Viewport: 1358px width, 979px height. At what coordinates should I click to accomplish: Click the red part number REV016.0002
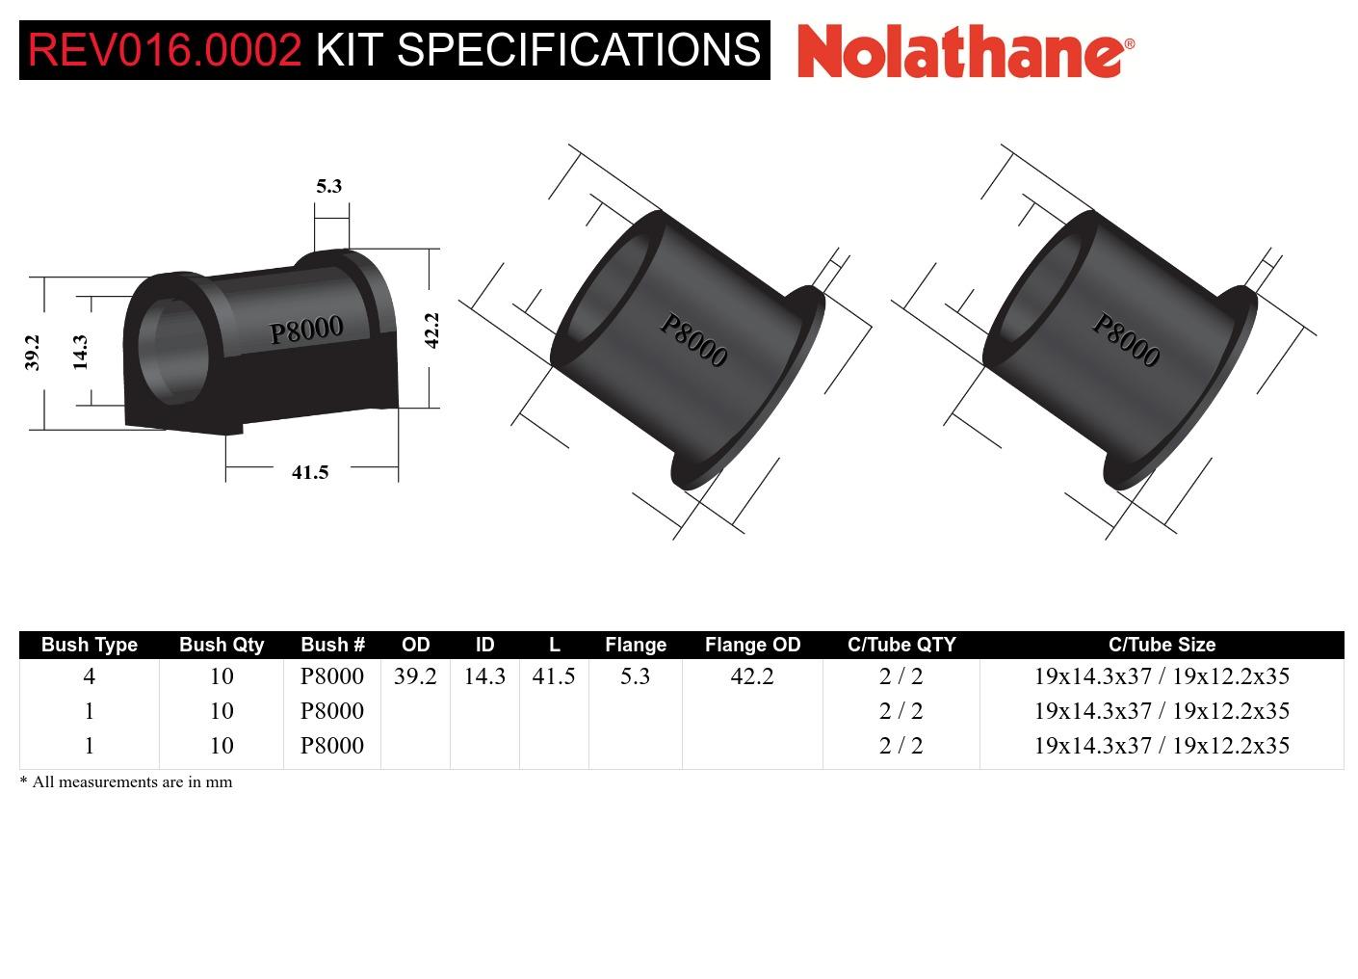tap(165, 50)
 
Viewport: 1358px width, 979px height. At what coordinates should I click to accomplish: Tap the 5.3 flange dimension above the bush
tap(329, 186)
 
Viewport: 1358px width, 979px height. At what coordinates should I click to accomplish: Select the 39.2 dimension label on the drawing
tap(33, 352)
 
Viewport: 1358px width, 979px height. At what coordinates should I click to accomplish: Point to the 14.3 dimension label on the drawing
tap(80, 352)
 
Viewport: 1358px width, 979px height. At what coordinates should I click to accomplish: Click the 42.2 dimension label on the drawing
tap(431, 331)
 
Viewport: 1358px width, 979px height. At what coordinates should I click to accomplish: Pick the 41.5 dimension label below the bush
tap(310, 472)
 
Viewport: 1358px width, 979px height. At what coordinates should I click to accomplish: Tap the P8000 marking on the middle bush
tap(692, 340)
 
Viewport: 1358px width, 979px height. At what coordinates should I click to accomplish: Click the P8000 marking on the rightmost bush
tap(1125, 340)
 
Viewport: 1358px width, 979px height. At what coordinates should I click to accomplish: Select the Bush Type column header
tap(90, 645)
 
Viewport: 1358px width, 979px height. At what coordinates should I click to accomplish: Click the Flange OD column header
tap(752, 645)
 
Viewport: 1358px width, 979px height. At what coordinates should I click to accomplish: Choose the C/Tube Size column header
tap(1162, 645)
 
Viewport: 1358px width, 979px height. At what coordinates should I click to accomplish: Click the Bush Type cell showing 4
tap(90, 676)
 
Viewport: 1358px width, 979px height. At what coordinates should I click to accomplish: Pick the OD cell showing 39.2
tap(415, 676)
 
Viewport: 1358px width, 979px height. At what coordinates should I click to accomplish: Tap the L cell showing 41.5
tap(554, 676)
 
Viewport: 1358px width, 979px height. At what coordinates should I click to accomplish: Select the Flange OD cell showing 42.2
tap(752, 676)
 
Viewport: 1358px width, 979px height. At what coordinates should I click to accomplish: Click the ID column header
tap(484, 645)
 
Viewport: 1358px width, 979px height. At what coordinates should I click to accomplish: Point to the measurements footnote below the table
tap(126, 781)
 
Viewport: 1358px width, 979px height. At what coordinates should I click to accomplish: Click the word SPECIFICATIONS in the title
tap(579, 50)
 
